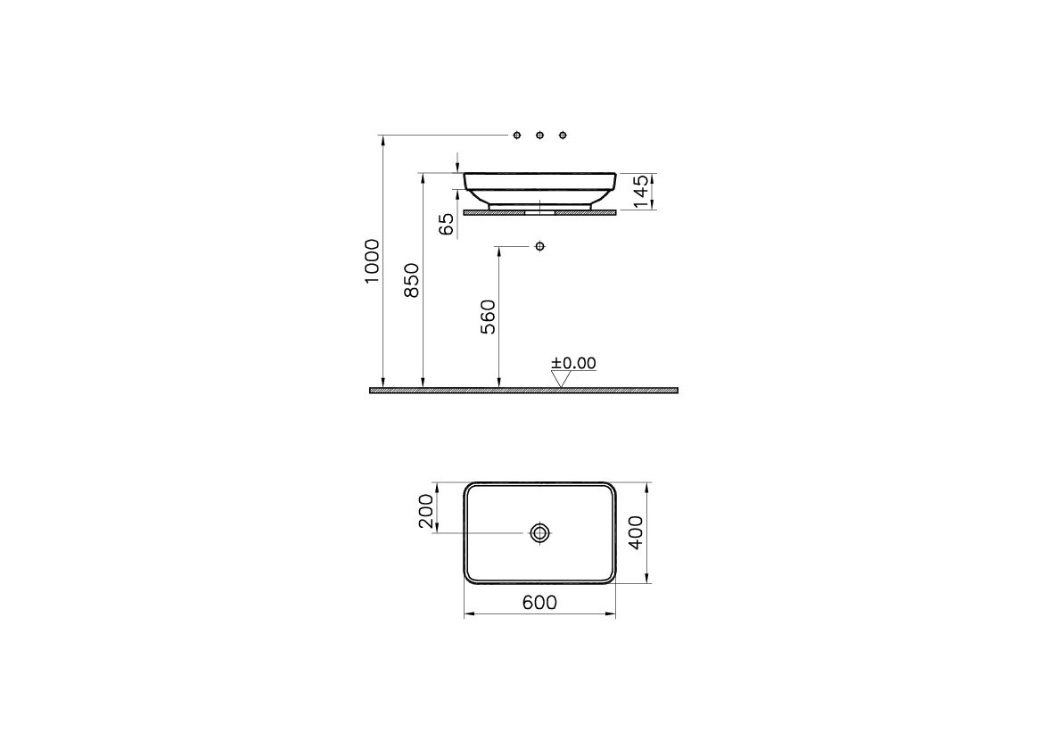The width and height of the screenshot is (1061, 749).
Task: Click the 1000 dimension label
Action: [x=372, y=261]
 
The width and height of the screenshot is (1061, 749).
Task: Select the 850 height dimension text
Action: [x=412, y=280]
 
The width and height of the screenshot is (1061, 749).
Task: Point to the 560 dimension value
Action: [x=488, y=317]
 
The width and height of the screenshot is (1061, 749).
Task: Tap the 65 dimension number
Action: [x=447, y=224]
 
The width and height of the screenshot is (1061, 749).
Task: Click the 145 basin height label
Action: [x=641, y=192]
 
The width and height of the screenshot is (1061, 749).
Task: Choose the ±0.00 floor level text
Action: [x=573, y=363]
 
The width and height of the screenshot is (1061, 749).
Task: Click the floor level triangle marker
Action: [x=560, y=380]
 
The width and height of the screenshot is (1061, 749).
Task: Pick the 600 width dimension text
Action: [x=540, y=602]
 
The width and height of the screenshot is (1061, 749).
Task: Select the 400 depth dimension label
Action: [x=636, y=532]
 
